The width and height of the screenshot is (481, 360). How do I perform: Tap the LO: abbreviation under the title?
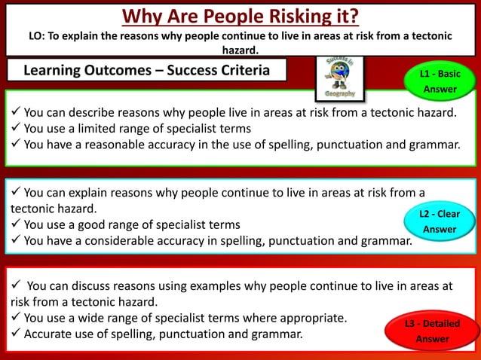(38, 35)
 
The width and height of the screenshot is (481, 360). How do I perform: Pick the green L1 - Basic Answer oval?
(440, 81)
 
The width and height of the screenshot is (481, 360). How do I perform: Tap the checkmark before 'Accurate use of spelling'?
(16, 334)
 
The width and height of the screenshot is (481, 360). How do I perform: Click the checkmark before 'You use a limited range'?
(16, 128)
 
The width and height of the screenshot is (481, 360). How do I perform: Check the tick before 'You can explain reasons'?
(16, 193)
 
